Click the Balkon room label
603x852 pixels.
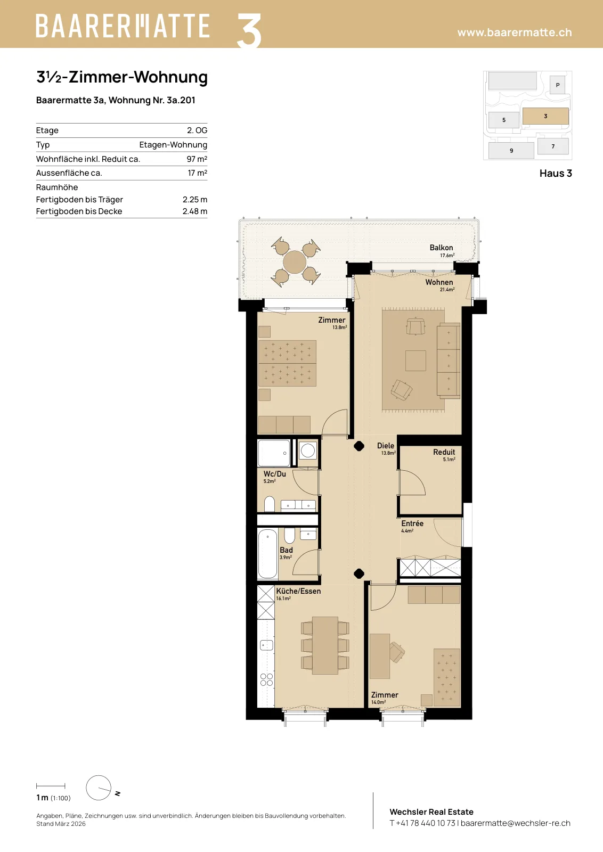(441, 248)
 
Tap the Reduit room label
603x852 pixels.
(444, 452)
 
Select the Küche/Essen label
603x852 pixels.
(298, 591)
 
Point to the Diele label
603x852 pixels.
(385, 445)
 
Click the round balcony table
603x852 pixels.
(295, 261)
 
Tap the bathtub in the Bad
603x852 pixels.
(267, 553)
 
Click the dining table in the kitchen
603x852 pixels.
(325, 645)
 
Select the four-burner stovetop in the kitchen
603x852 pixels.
(266, 679)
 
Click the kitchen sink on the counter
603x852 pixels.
(266, 645)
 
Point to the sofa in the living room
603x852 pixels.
(449, 361)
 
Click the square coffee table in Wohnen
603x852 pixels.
(415, 361)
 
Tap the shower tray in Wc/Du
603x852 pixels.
(274, 453)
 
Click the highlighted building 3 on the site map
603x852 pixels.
(545, 116)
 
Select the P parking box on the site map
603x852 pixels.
(557, 85)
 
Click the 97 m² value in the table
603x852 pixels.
(197, 159)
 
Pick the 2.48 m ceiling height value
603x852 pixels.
(195, 211)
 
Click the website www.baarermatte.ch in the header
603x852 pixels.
(515, 32)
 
